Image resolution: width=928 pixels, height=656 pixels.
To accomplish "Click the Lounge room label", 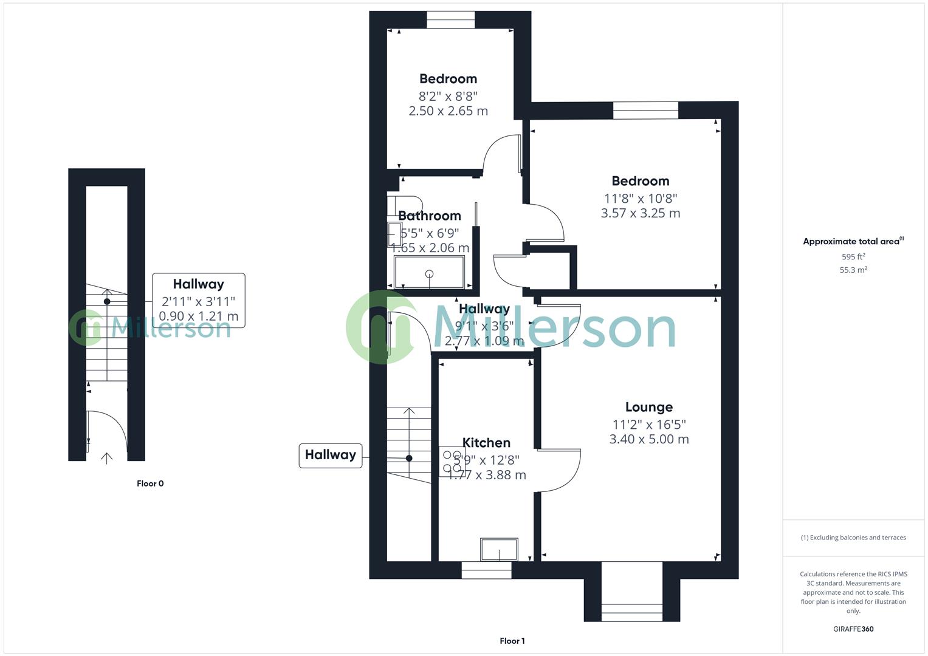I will (x=648, y=408).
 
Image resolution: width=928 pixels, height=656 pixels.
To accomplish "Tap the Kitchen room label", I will (x=486, y=443).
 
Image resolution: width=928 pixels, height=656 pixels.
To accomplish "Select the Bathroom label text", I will (x=429, y=216).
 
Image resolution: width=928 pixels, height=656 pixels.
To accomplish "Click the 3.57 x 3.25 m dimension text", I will (x=640, y=213).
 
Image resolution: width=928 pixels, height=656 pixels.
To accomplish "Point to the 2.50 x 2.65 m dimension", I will (x=448, y=111).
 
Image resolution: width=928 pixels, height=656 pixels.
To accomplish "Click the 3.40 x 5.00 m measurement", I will (x=648, y=439).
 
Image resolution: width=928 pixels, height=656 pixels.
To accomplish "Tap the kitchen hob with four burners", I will (x=452, y=462).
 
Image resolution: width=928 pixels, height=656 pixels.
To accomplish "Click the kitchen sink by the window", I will (x=499, y=550).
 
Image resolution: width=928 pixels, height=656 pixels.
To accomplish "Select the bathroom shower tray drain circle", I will (x=430, y=273).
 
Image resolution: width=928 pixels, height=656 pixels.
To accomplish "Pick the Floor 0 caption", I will (x=150, y=483).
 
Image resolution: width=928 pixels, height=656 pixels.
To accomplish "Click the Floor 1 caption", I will (x=512, y=641).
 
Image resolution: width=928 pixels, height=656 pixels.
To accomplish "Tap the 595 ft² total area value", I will (x=853, y=257).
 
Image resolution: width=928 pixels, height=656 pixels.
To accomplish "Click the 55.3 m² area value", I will (x=853, y=270).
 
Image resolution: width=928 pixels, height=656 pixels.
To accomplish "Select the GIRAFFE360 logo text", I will (x=853, y=629).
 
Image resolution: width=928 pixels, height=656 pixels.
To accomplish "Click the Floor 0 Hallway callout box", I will (x=198, y=300).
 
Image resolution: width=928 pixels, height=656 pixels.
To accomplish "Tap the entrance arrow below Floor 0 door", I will (x=107, y=458).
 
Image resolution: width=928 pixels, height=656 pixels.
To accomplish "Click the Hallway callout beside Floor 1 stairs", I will (x=331, y=455).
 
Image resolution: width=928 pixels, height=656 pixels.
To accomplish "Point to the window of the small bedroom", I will (x=450, y=19).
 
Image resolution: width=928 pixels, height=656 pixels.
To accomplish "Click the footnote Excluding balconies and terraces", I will (x=853, y=538).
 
